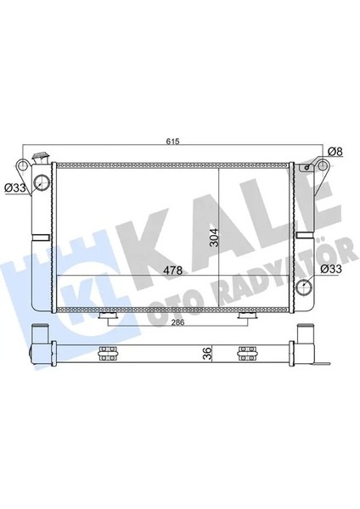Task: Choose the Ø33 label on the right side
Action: (x=330, y=270)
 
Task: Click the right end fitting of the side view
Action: (x=307, y=350)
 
